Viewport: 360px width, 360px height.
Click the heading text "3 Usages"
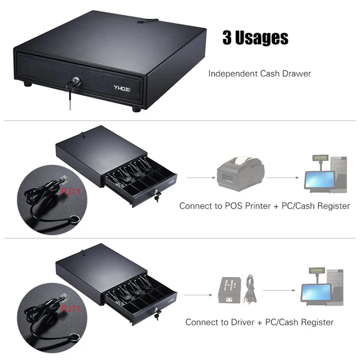click(x=255, y=38)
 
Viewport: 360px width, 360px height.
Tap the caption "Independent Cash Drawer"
click(x=259, y=73)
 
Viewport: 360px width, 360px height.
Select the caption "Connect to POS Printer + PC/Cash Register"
click(x=264, y=206)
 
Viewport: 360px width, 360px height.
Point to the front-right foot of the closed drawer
click(x=137, y=109)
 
